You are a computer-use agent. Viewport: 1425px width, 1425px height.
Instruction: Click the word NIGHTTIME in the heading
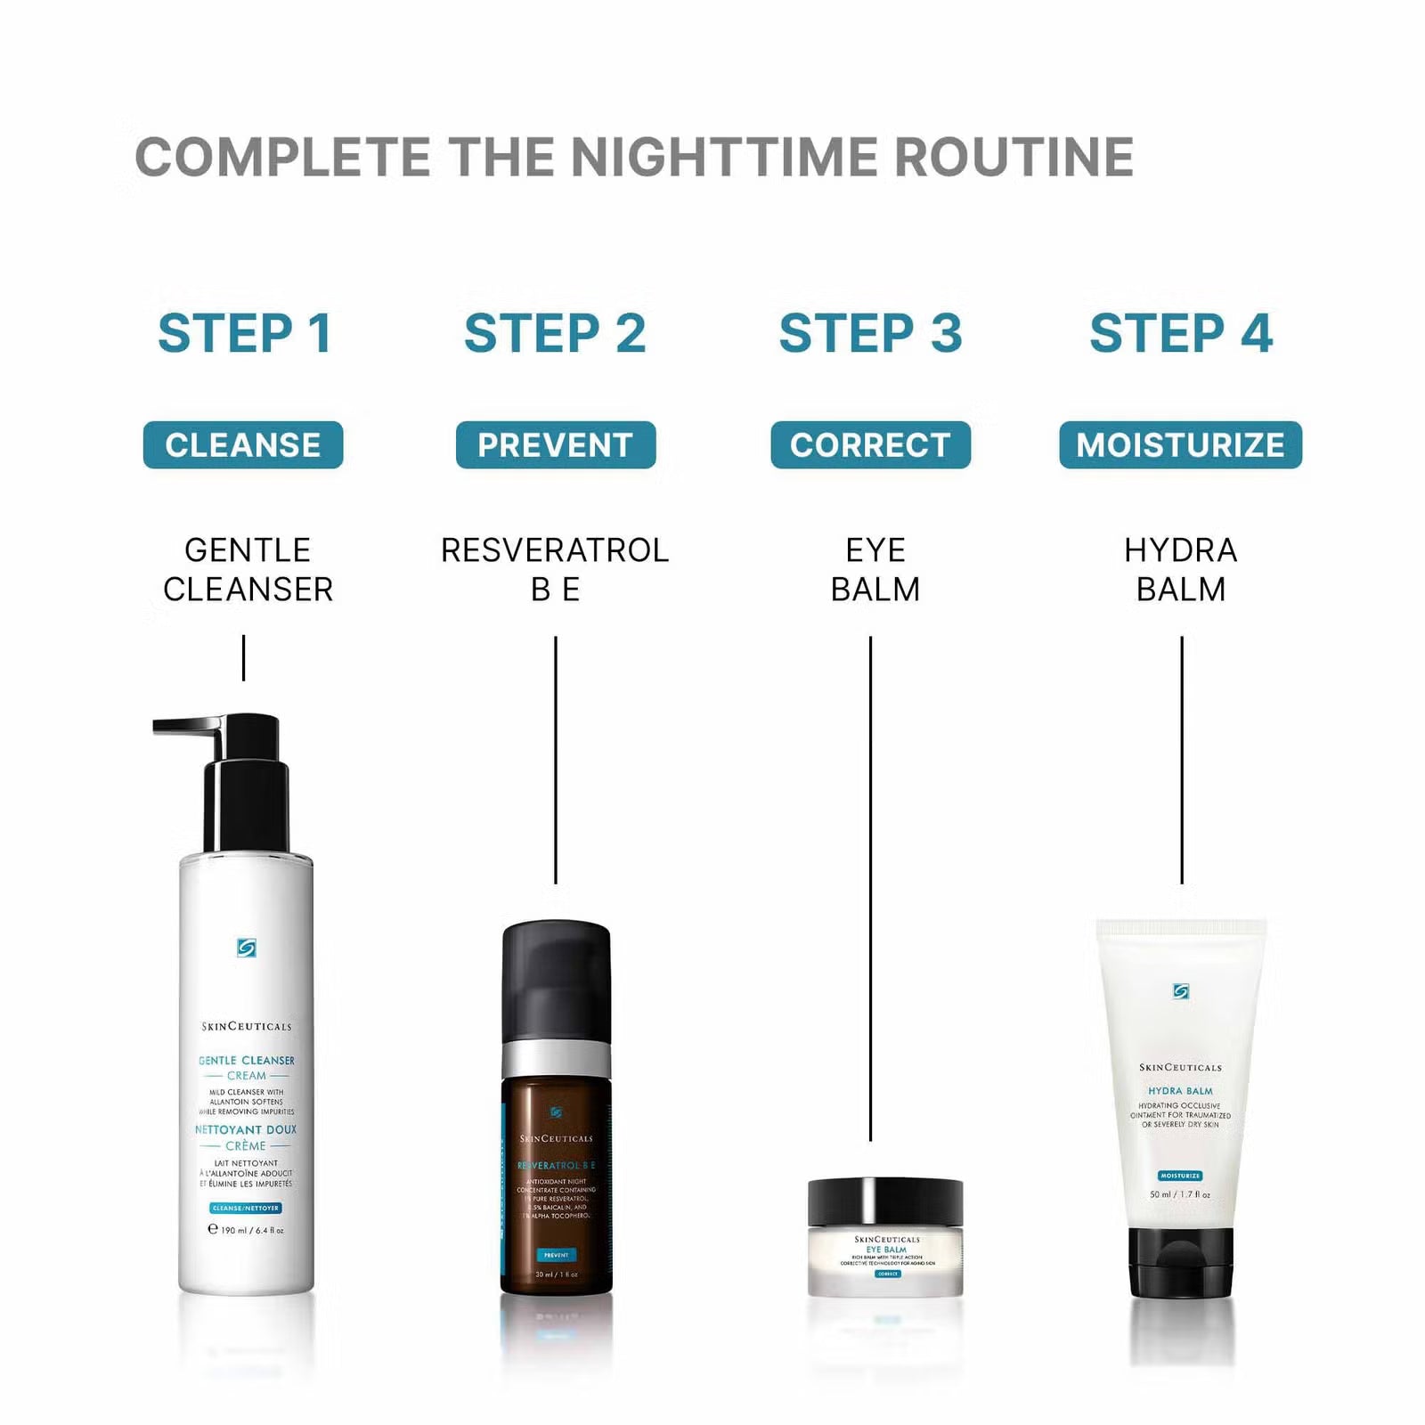click(x=726, y=158)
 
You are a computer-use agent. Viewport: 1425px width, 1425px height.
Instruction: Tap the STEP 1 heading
click(x=245, y=333)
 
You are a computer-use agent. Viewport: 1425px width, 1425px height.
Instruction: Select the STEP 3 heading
click(x=870, y=333)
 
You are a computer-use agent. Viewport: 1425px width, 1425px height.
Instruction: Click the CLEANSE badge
click(x=243, y=444)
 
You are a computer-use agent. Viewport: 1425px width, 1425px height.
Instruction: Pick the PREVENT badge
click(x=556, y=444)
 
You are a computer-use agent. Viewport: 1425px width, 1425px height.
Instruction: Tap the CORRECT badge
click(x=870, y=444)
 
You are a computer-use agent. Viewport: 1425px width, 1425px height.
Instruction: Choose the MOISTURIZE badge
click(x=1180, y=444)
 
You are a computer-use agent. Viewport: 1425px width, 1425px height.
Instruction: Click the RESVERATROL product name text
click(x=555, y=550)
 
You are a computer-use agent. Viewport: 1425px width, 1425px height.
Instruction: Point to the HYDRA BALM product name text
click(x=1181, y=570)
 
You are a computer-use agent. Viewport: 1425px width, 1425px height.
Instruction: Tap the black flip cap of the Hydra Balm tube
click(x=1181, y=1262)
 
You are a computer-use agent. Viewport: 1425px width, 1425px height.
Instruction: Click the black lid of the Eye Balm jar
click(x=885, y=1201)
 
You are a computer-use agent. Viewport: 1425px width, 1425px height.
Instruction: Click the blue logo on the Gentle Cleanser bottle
click(x=247, y=948)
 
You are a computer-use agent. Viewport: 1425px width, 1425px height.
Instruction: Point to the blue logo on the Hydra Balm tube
click(x=1181, y=991)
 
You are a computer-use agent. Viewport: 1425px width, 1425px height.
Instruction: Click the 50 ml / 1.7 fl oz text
click(x=1180, y=1194)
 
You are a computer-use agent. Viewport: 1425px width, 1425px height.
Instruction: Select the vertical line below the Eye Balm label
click(x=870, y=891)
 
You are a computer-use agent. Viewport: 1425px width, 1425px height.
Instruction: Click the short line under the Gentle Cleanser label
click(x=243, y=658)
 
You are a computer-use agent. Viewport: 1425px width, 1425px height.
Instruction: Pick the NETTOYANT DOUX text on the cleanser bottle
click(x=246, y=1129)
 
